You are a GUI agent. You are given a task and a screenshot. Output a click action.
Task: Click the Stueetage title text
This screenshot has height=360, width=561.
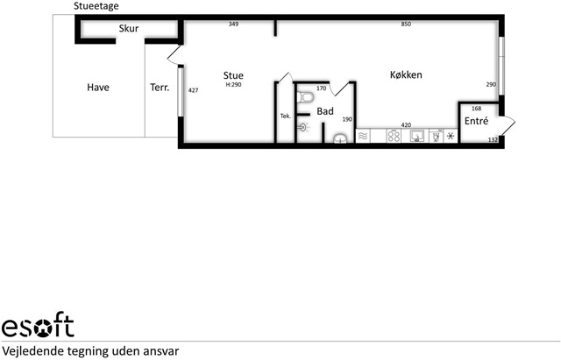pyautogui.click(x=96, y=6)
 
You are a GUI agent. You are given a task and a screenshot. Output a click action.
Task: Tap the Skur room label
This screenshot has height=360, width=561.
pyautogui.click(x=129, y=28)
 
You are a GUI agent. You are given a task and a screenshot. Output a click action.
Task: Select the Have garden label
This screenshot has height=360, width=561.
pyautogui.click(x=98, y=88)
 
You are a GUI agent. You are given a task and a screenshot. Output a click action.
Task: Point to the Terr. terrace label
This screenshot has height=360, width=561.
pyautogui.click(x=160, y=88)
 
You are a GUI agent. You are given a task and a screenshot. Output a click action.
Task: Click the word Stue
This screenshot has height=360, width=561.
pyautogui.click(x=233, y=75)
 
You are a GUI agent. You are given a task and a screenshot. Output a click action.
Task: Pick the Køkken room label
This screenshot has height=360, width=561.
pyautogui.click(x=406, y=74)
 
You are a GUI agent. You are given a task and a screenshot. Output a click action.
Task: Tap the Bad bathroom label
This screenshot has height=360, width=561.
pyautogui.click(x=325, y=111)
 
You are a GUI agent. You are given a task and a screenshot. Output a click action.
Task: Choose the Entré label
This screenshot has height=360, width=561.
pyautogui.click(x=476, y=121)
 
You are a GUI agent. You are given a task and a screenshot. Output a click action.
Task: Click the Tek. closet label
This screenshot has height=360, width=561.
pyautogui.click(x=286, y=116)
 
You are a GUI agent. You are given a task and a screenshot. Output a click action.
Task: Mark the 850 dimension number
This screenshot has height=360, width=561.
pyautogui.click(x=406, y=24)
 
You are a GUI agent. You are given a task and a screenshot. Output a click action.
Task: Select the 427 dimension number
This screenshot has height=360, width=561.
pyautogui.click(x=193, y=90)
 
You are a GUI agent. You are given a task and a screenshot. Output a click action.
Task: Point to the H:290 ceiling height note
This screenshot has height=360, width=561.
pyautogui.click(x=234, y=85)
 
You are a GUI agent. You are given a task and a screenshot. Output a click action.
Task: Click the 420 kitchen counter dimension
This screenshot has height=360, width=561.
pyautogui.click(x=406, y=124)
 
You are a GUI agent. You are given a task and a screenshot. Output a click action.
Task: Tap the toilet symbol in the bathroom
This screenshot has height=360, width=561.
pyautogui.click(x=305, y=97)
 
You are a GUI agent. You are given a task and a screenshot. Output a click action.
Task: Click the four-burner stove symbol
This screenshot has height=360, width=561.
pyautogui.click(x=394, y=137)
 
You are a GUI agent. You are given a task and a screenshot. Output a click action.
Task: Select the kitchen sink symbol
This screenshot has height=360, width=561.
pyautogui.click(x=417, y=137)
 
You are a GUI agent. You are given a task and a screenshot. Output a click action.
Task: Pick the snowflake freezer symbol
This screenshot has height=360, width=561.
pyautogui.click(x=451, y=136)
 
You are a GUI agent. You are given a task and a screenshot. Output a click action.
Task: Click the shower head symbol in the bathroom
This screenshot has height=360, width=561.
pyautogui.click(x=303, y=127)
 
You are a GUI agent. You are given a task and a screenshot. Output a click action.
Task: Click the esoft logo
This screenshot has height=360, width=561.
pyautogui.click(x=38, y=324)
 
